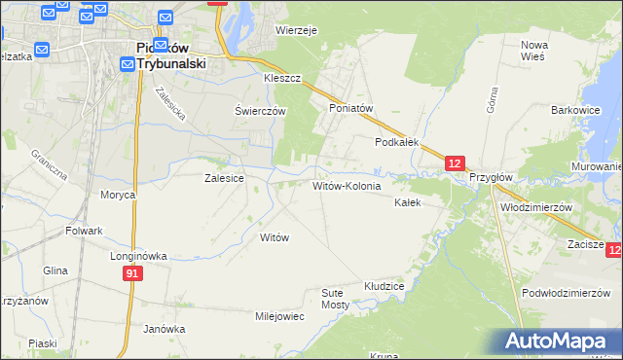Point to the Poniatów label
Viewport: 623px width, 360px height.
[x=351, y=108]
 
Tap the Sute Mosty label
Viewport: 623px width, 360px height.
[x=336, y=298]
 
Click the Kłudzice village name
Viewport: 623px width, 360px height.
[x=384, y=286]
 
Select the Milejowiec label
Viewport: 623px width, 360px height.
[x=279, y=316]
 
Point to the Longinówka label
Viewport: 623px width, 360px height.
[x=138, y=256]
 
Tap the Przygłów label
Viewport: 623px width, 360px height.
[x=491, y=178]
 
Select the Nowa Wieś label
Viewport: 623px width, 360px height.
[x=534, y=51]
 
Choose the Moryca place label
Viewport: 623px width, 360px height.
[x=118, y=195]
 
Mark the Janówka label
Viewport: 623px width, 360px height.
[x=164, y=329]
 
